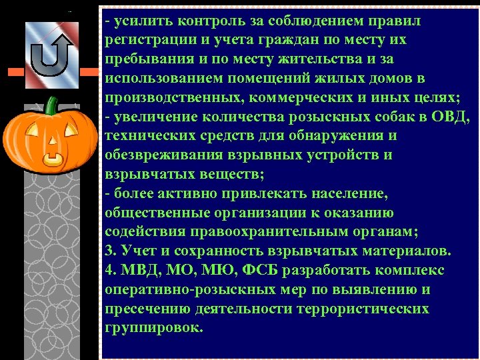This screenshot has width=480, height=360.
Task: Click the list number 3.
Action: tap(109, 252)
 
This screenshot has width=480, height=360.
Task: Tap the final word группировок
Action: tap(153, 329)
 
